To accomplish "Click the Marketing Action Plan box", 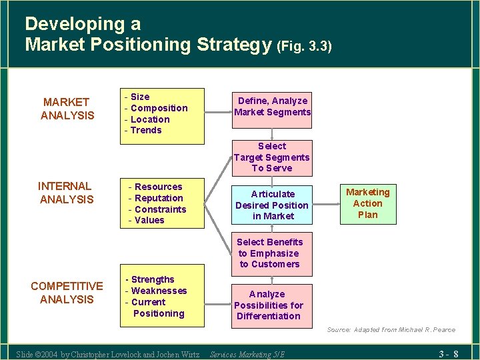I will [x=367, y=203].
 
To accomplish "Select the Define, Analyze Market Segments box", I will [x=272, y=107].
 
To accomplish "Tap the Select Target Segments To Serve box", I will [x=271, y=157].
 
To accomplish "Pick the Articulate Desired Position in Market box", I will [x=272, y=205].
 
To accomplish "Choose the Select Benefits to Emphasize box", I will [x=269, y=253].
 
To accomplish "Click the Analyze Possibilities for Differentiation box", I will [x=268, y=305].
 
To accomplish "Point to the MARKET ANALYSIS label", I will [x=67, y=109].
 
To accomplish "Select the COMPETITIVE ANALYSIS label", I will [x=67, y=293].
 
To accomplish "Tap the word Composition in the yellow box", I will [x=159, y=108].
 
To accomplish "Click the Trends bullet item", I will [x=146, y=130].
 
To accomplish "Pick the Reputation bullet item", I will [x=159, y=198].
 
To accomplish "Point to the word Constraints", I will [x=161, y=209].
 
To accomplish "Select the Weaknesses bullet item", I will [x=159, y=291].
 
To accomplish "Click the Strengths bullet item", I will [x=153, y=279].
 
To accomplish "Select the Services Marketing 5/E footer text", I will [x=247, y=354].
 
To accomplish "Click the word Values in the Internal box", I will [x=149, y=220].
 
